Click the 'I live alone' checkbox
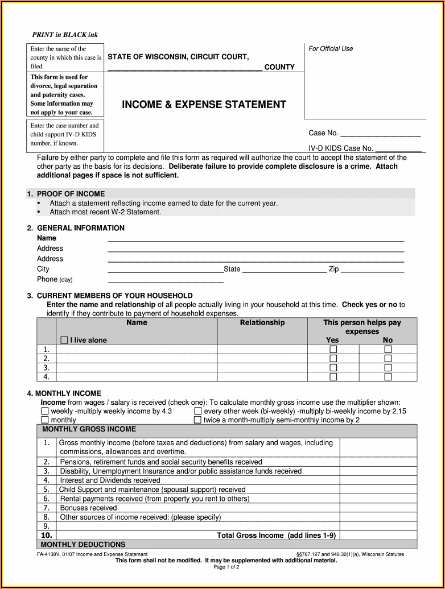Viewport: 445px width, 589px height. [64, 340]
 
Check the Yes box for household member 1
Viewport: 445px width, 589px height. [333, 349]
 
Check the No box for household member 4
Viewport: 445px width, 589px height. [388, 376]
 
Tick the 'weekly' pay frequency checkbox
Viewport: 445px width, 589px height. [44, 411]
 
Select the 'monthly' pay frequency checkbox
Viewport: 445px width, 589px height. [44, 420]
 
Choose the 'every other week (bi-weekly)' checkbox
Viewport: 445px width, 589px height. [197, 411]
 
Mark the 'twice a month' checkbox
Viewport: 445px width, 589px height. [197, 420]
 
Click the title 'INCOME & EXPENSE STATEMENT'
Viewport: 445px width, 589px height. [204, 105]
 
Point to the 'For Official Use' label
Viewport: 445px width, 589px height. [331, 49]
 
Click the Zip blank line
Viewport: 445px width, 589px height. [372, 271]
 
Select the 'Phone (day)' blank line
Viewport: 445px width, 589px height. [166, 281]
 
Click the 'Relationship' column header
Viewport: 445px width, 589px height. [262, 323]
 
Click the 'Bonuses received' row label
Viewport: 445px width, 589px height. [88, 508]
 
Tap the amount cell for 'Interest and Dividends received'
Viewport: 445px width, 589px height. [378, 480]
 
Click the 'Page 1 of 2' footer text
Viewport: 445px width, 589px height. [226, 567]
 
